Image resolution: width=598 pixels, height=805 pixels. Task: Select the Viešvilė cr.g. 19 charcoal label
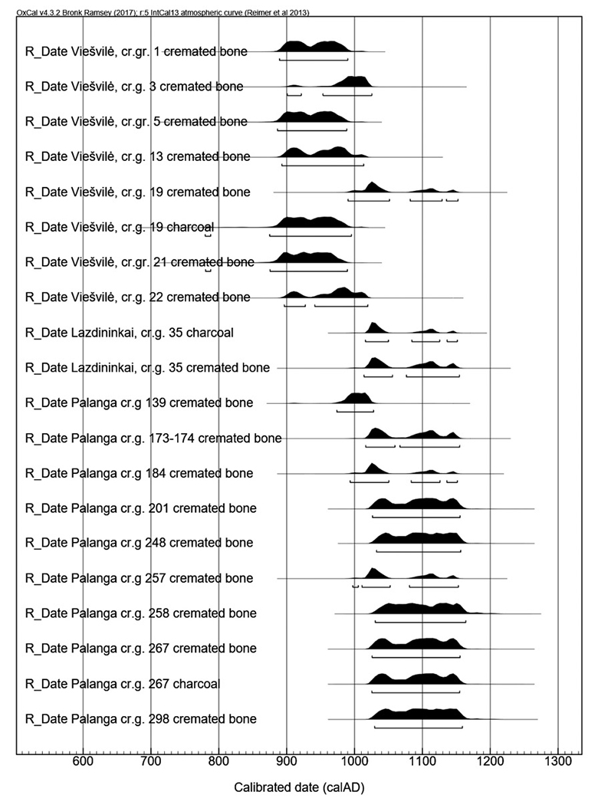point(120,227)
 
